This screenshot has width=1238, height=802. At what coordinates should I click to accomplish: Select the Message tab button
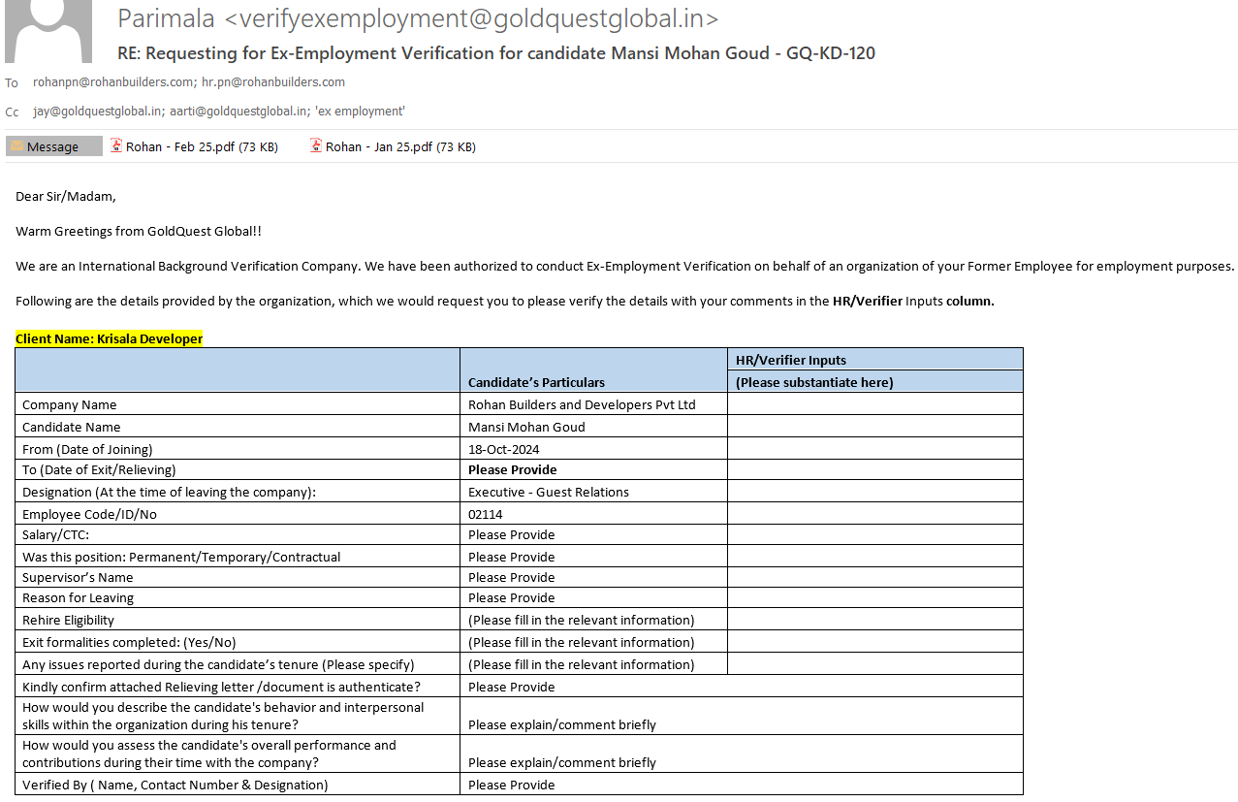click(x=53, y=147)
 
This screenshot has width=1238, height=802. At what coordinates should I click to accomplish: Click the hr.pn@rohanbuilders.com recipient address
click(x=273, y=82)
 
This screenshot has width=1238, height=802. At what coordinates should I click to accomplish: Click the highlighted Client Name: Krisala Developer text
click(x=109, y=338)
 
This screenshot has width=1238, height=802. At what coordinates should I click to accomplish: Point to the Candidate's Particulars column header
click(x=536, y=382)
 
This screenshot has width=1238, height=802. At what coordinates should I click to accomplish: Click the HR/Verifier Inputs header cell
click(x=790, y=360)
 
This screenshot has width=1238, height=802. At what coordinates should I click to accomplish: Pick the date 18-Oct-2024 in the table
click(x=503, y=449)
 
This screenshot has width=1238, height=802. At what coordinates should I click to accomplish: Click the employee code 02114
click(x=485, y=514)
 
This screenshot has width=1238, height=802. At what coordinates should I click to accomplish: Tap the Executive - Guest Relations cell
click(x=548, y=492)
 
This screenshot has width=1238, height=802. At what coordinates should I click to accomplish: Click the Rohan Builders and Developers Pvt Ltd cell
click(x=582, y=404)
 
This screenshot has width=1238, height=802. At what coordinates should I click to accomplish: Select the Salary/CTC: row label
click(x=55, y=534)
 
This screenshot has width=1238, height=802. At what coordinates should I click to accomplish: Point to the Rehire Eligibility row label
click(x=68, y=620)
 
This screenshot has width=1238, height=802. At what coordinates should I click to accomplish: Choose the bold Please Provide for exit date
click(x=512, y=469)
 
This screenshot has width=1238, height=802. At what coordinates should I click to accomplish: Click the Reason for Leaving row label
click(x=78, y=597)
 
